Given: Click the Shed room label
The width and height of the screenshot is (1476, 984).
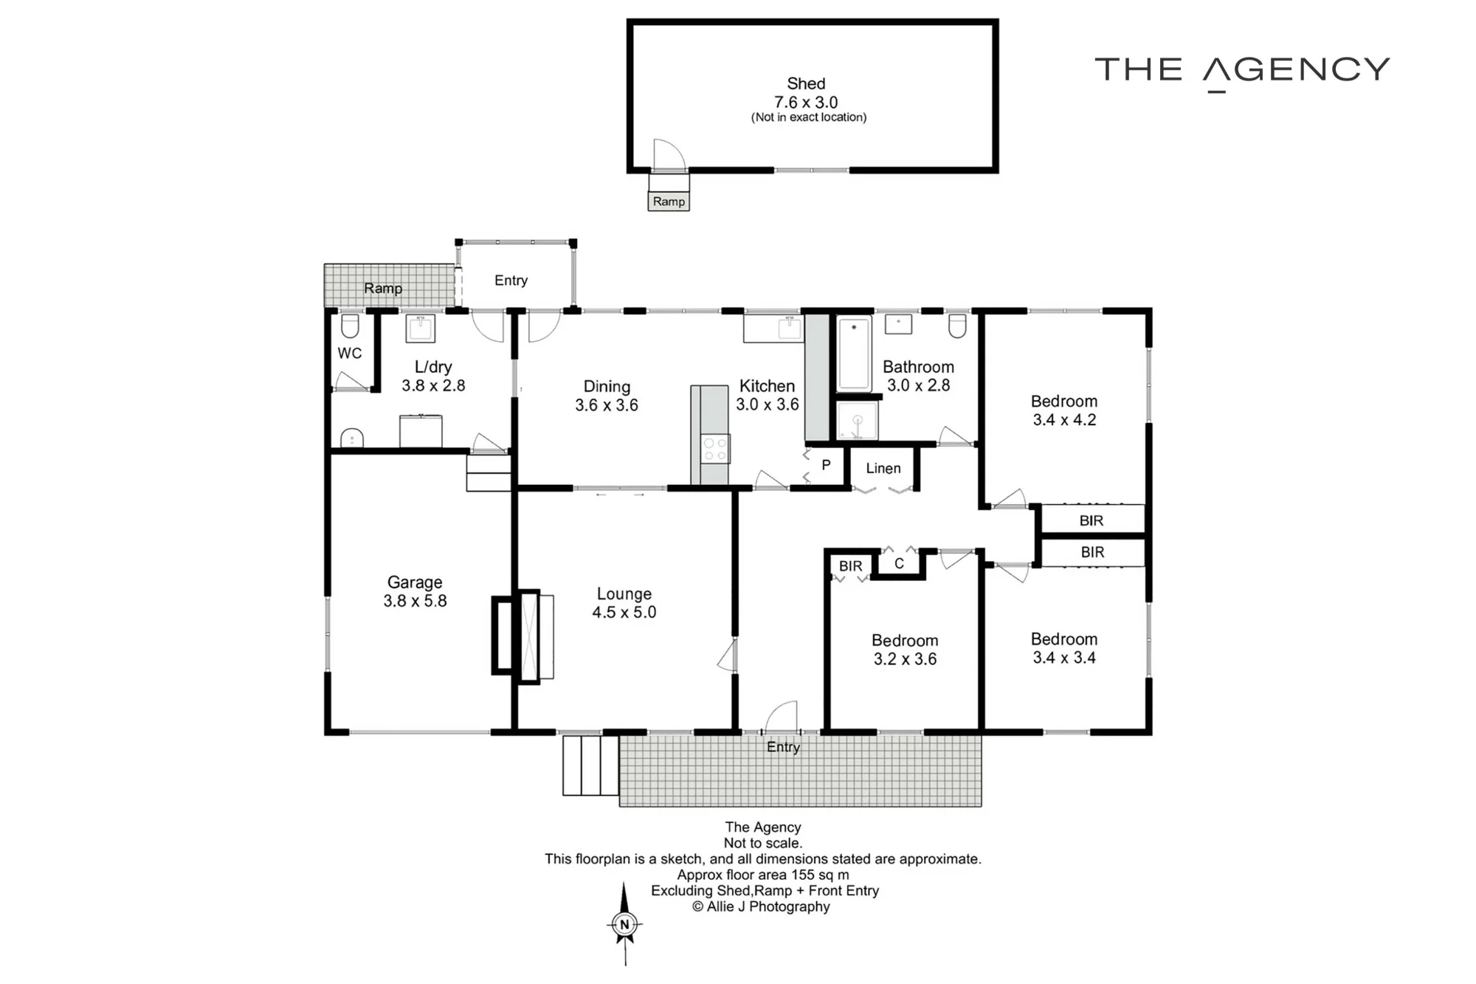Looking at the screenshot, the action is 806,83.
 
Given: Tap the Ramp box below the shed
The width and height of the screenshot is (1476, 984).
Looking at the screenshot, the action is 669,202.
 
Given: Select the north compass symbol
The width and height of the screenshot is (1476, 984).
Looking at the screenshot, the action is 625,923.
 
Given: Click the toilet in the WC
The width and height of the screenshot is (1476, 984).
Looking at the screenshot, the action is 350,326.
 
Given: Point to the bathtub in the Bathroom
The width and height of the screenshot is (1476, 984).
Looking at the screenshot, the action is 854,353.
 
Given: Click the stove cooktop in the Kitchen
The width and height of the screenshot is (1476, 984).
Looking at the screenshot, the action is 714,449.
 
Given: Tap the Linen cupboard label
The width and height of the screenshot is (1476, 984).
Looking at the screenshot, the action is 883,468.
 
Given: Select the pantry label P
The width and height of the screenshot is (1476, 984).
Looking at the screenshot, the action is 826,465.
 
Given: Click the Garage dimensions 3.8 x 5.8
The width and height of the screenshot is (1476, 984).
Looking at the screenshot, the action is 415,601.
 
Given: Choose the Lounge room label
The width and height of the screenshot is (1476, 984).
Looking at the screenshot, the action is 624,594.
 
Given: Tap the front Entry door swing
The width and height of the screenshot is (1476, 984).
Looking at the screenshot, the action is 782,716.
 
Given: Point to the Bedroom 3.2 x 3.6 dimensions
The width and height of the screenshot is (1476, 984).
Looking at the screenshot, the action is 905,659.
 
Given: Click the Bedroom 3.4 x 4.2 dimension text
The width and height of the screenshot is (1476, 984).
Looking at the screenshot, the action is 1064,420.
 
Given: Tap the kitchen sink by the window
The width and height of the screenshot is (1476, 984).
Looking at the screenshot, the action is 790,328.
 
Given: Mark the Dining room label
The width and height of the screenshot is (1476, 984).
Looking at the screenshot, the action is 607,386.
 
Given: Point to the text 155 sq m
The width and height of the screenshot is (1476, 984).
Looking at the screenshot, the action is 821,875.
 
